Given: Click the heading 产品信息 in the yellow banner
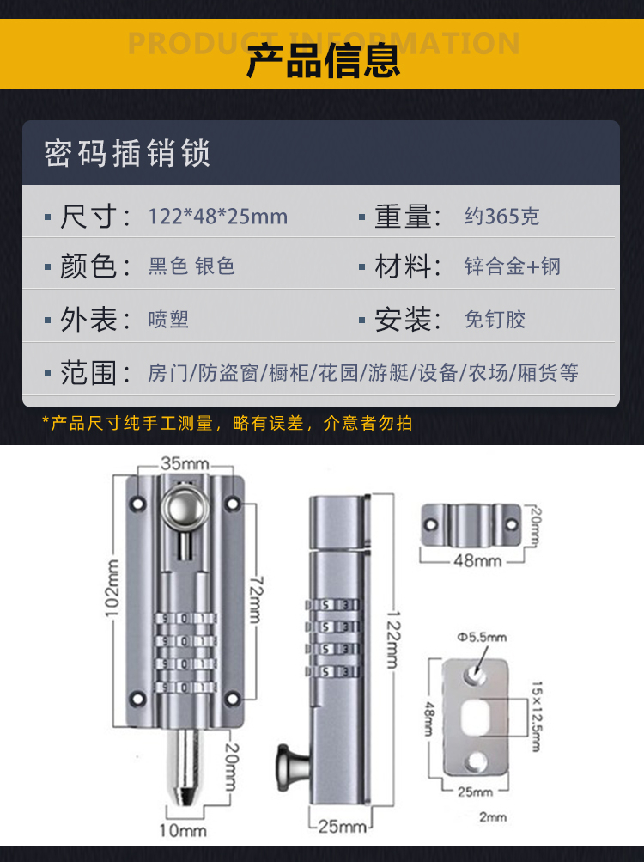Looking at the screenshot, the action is [323, 60].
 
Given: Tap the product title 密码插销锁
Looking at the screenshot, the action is [127, 153].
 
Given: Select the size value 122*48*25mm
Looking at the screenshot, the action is [217, 217].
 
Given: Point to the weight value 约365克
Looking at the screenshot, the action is [501, 216].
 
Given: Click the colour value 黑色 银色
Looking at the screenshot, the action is [191, 266].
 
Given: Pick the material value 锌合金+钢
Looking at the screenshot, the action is [512, 266].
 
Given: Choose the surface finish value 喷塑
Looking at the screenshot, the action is [168, 320].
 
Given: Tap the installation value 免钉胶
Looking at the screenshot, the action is [495, 320].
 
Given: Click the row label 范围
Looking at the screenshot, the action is [88, 373].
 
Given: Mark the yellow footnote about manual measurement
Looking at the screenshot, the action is [227, 423].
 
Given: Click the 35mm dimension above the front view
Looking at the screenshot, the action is [185, 463].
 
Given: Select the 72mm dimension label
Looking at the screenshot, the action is [256, 600].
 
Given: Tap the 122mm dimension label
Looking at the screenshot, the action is [393, 639].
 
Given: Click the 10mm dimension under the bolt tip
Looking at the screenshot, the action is [183, 830].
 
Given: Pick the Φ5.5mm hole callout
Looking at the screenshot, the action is [482, 637].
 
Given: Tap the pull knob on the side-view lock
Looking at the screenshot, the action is [292, 767].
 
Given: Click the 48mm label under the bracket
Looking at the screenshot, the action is [477, 560].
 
